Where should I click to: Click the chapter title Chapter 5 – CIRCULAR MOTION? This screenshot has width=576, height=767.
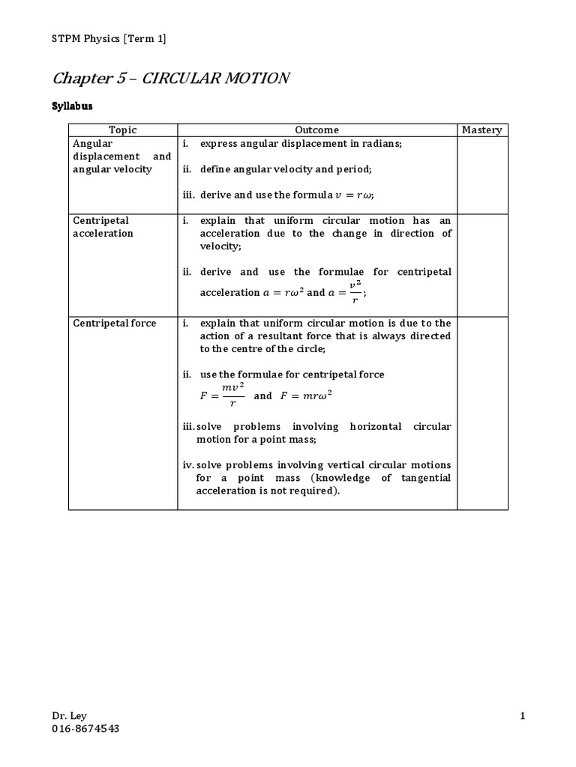pos(171,79)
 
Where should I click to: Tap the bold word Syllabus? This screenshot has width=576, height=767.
pos(72,106)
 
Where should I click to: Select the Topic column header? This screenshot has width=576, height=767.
pos(123,130)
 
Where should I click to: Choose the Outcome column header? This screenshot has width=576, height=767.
pos(316,130)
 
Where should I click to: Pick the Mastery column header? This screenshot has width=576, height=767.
pos(481,130)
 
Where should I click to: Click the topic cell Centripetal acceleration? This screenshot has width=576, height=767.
pos(103,227)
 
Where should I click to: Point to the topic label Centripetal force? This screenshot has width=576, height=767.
pos(115,323)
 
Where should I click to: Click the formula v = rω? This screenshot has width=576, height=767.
pos(352,195)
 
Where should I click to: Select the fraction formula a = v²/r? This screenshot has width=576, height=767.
pos(347,292)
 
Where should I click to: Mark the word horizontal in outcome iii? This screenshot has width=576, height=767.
pos(364,426)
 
